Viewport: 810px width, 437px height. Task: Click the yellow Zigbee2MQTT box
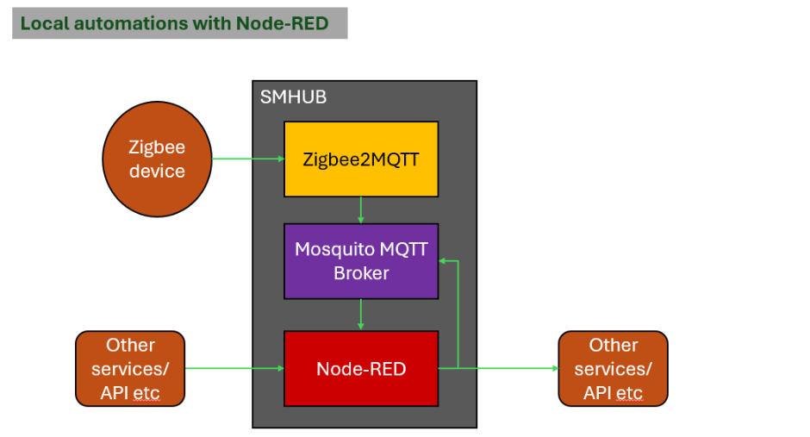click(x=361, y=159)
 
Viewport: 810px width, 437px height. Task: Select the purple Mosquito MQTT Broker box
click(x=361, y=261)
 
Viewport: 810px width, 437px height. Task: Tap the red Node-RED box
click(x=361, y=369)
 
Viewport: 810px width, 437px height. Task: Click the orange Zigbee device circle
click(x=157, y=159)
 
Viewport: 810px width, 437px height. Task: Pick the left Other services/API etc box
click(x=130, y=369)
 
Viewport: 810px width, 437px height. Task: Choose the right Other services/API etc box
click(x=613, y=369)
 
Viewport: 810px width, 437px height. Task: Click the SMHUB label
click(x=293, y=97)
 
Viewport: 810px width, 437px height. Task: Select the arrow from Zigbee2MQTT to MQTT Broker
click(x=361, y=210)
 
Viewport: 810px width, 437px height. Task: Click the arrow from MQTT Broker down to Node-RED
click(x=361, y=315)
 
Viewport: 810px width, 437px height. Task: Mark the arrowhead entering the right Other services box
click(x=554, y=369)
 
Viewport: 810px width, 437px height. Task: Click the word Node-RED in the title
click(x=282, y=23)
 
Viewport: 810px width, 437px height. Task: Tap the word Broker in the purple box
click(x=361, y=273)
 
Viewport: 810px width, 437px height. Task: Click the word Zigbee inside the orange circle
click(x=157, y=147)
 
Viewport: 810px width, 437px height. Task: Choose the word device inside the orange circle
click(x=157, y=171)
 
